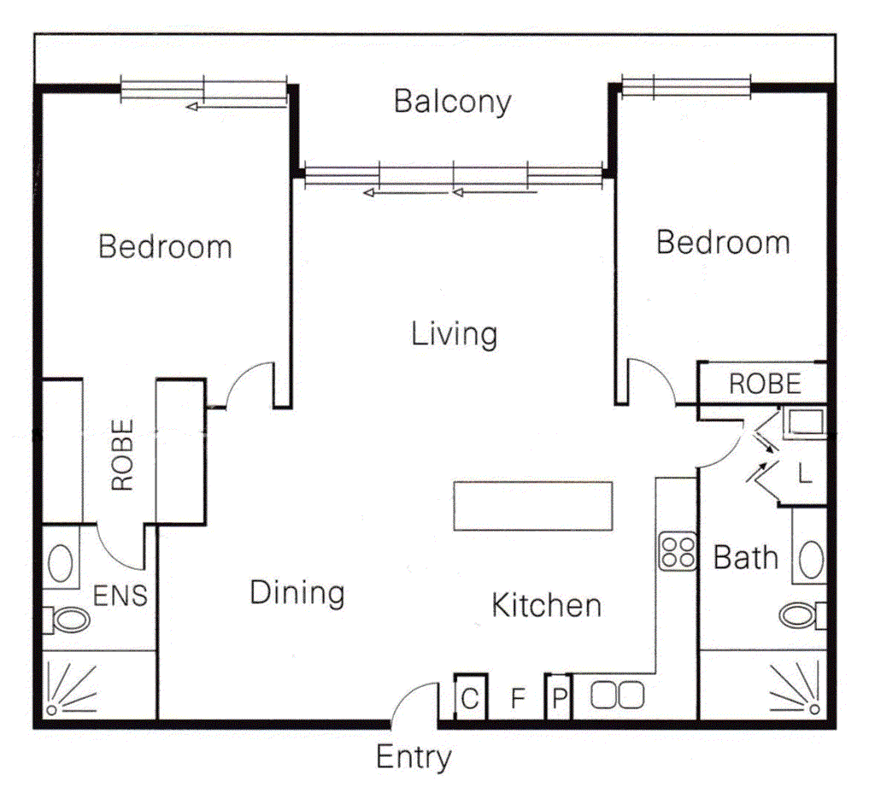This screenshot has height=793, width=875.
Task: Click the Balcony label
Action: (453, 103)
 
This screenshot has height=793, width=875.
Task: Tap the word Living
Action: (455, 334)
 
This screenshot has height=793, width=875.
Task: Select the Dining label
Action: (297, 593)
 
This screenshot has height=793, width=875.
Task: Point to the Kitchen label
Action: (546, 606)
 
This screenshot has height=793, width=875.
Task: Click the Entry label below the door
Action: (414, 758)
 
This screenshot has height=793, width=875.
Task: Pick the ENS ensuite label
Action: (120, 596)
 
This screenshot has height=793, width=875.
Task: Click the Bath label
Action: (745, 557)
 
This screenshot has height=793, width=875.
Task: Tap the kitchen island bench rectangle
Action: (533, 506)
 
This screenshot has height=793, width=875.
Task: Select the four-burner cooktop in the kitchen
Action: (678, 552)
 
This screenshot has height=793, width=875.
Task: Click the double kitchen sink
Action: (617, 696)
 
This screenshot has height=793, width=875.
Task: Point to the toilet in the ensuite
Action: (67, 620)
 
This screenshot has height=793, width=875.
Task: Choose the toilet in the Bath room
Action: (802, 615)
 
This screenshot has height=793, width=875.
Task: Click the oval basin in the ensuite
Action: (61, 564)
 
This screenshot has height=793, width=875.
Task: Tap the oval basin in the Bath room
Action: (812, 559)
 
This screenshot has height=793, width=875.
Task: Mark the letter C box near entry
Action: (470, 697)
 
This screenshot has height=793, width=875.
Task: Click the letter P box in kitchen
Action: (559, 697)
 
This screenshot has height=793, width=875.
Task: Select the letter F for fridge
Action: (518, 697)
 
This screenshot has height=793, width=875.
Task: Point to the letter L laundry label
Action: (804, 474)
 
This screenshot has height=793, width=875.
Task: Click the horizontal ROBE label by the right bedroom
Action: (765, 384)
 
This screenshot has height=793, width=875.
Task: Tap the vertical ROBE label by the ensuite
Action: (123, 455)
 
